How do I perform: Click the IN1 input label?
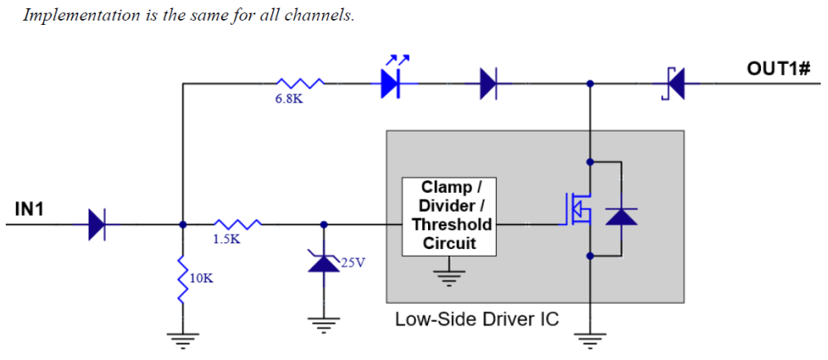[29, 209]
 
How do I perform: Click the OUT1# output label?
[777, 67]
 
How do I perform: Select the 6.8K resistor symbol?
[299, 83]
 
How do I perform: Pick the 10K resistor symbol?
[182, 278]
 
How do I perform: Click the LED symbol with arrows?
[391, 82]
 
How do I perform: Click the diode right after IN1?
[98, 223]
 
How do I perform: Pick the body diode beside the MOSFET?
[621, 217]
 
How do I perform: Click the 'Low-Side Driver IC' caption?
[476, 319]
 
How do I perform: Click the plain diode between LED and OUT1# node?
[489, 83]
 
